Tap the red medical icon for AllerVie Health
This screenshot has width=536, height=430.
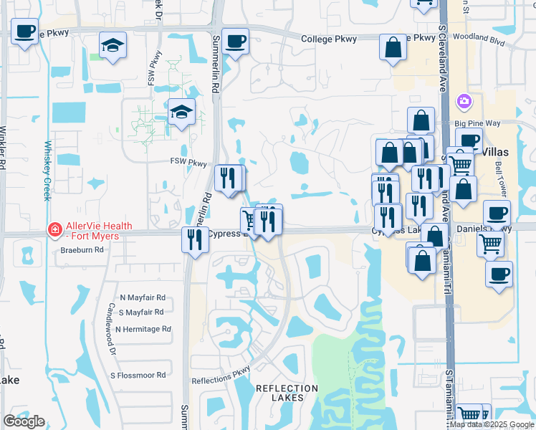click(x=54, y=230)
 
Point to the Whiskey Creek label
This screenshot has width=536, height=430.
click(x=48, y=171)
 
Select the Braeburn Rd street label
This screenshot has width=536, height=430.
click(x=82, y=250)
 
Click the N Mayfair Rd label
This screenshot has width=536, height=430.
click(x=143, y=297)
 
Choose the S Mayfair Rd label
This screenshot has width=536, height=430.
click(x=142, y=312)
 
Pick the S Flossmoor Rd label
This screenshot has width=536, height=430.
click(x=138, y=375)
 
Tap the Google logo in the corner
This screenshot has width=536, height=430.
click(x=24, y=421)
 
